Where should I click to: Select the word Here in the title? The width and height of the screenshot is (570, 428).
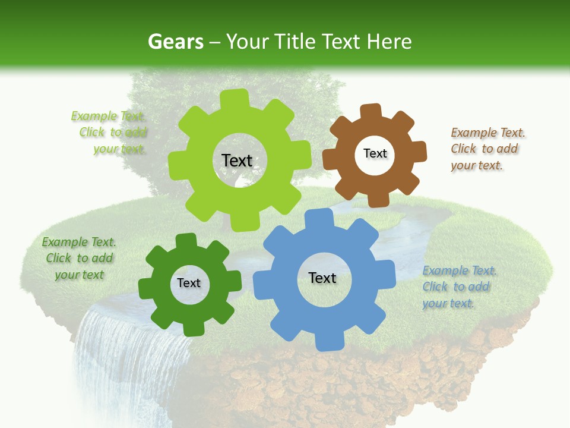(x=389, y=42)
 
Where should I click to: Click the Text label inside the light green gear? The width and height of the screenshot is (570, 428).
(x=237, y=160)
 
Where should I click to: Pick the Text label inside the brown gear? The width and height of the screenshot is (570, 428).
(x=375, y=153)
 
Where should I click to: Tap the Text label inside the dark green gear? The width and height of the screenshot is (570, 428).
(x=189, y=283)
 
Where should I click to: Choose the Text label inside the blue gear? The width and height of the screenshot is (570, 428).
(x=322, y=278)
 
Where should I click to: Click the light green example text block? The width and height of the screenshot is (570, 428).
(x=110, y=133)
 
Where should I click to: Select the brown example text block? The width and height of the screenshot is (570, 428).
(x=487, y=149)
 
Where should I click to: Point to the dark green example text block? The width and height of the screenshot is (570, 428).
(x=79, y=259)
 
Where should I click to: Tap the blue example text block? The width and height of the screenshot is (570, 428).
(x=459, y=287)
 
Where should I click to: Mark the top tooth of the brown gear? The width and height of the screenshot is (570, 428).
(x=372, y=112)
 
